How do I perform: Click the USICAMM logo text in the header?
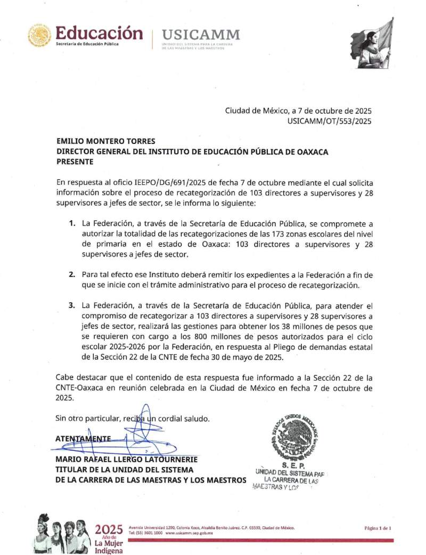click(x=201, y=35)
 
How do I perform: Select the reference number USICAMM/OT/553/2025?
click(x=329, y=121)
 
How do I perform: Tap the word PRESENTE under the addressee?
click(x=75, y=162)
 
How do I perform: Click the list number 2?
click(x=71, y=274)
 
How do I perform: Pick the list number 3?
click(x=71, y=306)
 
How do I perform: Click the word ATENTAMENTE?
click(x=83, y=438)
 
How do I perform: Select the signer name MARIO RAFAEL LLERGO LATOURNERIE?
click(x=127, y=459)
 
